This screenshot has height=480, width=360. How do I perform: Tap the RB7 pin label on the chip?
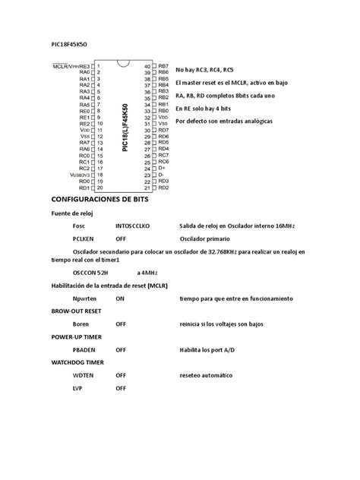point(163,66)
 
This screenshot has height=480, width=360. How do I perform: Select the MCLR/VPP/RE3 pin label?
point(71,66)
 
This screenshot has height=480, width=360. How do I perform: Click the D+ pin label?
point(160,168)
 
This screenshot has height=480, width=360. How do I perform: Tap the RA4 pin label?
point(84,98)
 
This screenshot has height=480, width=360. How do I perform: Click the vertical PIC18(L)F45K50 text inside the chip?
point(125,125)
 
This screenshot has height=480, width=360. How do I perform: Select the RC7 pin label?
point(163,155)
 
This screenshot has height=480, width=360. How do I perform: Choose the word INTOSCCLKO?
point(134,226)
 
